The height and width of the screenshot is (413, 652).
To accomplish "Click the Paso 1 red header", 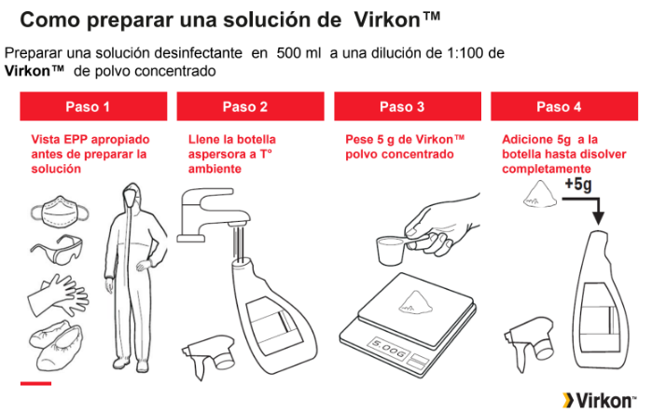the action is (93, 106).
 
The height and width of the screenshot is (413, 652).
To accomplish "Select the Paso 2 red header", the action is (250, 106).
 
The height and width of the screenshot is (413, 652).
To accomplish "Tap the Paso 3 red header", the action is (408, 106).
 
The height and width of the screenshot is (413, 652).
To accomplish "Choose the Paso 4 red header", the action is (564, 106).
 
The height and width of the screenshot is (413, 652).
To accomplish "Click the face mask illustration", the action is (60, 213).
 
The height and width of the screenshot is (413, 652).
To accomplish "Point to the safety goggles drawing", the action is (58, 249).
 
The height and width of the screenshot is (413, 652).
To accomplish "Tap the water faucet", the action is (212, 215).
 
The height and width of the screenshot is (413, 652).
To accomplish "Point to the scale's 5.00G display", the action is (388, 348).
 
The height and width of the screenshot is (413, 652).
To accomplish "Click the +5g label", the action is (578, 184).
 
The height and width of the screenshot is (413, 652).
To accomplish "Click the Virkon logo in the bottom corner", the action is (599, 401).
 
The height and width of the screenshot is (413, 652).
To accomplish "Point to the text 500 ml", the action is (299, 53).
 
